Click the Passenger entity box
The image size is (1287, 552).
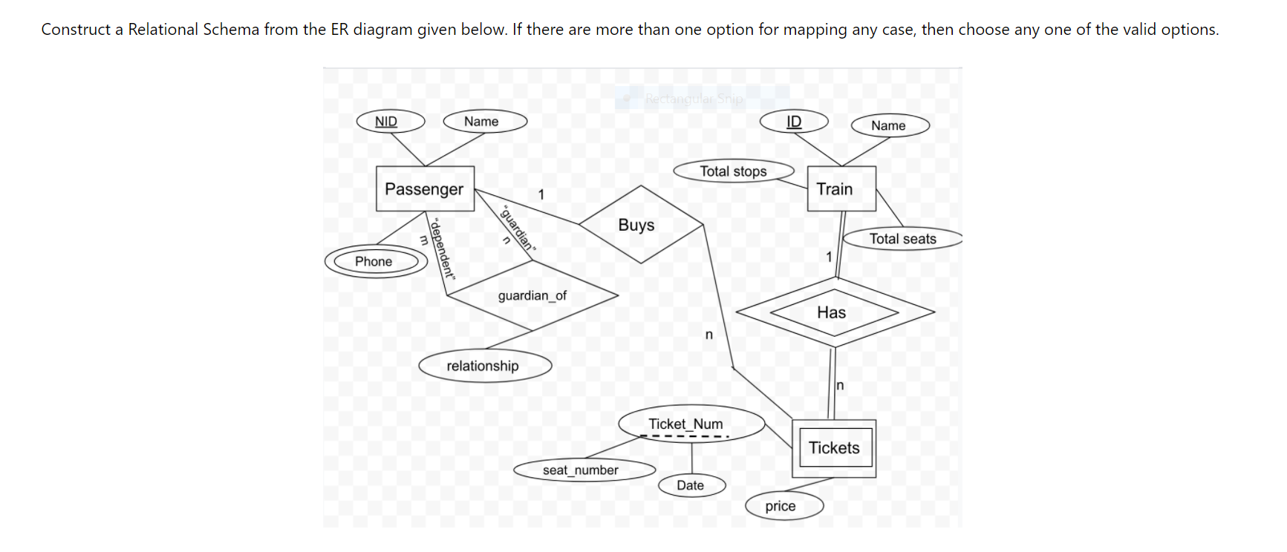[424, 188]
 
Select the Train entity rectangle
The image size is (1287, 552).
[841, 188]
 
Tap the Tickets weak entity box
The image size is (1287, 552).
[833, 448]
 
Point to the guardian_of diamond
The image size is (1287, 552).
[532, 295]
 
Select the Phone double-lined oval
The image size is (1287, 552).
[376, 261]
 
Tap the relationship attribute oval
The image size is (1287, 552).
[484, 366]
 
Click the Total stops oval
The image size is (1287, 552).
[733, 171]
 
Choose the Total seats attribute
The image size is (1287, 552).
[902, 238]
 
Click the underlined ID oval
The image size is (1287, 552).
[793, 122]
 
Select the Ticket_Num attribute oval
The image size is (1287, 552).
[690, 424]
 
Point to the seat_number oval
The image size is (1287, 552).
[584, 470]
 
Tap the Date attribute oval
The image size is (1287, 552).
[691, 485]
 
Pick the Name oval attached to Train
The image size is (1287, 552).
[889, 125]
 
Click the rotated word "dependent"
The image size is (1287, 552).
[443, 248]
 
